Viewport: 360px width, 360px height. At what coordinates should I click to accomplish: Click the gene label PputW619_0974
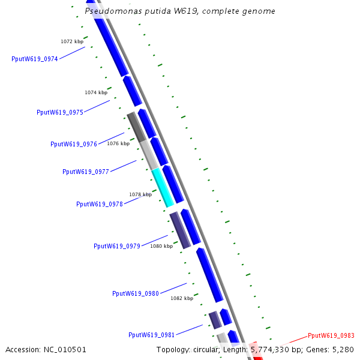[x=35, y=59]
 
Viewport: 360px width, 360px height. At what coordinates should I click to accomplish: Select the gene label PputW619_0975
[x=60, y=112]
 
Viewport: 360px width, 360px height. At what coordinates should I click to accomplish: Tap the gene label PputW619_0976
[x=74, y=144]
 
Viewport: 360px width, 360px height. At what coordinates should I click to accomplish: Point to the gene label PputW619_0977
[x=86, y=172]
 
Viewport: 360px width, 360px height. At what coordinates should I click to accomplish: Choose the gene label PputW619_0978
[x=100, y=204]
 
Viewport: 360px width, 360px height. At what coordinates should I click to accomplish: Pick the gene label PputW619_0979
[x=117, y=246]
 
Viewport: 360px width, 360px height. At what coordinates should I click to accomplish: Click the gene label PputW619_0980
[x=136, y=293]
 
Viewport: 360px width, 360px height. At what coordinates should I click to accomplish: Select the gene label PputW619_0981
[x=152, y=335]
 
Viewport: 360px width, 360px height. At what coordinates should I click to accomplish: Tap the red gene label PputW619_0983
[x=331, y=335]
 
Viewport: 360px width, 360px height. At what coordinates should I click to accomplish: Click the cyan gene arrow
[x=162, y=188]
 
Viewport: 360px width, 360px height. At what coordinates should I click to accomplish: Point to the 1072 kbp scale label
[x=72, y=41]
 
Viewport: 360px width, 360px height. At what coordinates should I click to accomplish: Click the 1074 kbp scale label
[x=96, y=92]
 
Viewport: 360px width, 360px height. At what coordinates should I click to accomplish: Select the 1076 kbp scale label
[x=118, y=143]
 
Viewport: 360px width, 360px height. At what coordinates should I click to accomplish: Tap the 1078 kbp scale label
[x=140, y=194]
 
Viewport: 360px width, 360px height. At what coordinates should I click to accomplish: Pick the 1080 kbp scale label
[x=161, y=246]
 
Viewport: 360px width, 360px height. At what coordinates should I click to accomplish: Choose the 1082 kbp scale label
[x=182, y=298]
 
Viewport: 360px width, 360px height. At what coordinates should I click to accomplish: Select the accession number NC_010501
[x=65, y=349]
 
